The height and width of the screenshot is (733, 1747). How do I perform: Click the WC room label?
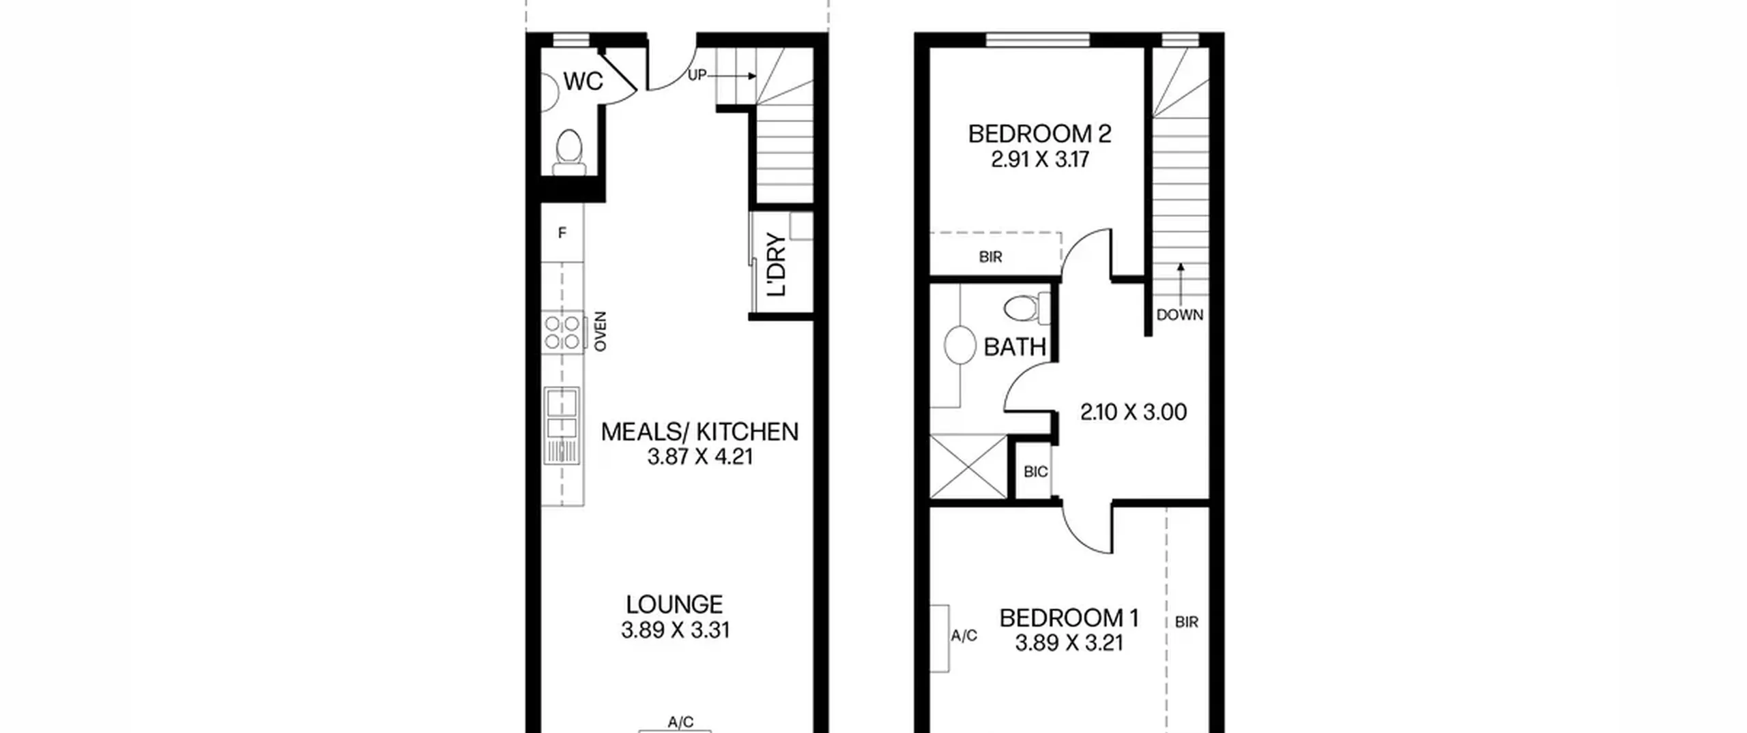[x=583, y=81]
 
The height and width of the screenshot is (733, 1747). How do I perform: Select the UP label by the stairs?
[x=697, y=75]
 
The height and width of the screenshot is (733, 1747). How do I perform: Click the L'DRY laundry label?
[x=777, y=265]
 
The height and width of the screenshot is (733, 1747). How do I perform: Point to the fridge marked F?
[x=562, y=233]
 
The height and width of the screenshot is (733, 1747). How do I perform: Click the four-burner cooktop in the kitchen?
[x=563, y=332]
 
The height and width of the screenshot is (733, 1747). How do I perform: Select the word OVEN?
[x=601, y=332]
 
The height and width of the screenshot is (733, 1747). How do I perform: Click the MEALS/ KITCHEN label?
[x=699, y=432]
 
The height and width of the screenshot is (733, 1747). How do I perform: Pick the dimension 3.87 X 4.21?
[x=700, y=457]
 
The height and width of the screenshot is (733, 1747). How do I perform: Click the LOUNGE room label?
[x=674, y=604]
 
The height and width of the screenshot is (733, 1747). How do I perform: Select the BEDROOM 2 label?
[x=1039, y=134]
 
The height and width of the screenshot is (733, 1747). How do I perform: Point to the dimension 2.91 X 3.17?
[x=1040, y=160]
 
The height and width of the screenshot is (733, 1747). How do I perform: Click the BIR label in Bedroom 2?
[x=990, y=257]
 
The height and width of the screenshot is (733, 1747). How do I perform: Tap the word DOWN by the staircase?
[x=1180, y=315]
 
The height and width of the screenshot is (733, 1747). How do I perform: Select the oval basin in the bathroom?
[x=960, y=345]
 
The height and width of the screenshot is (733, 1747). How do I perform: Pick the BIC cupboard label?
[x=1035, y=472]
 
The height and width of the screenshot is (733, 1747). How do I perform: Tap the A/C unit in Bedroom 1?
[x=940, y=638]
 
